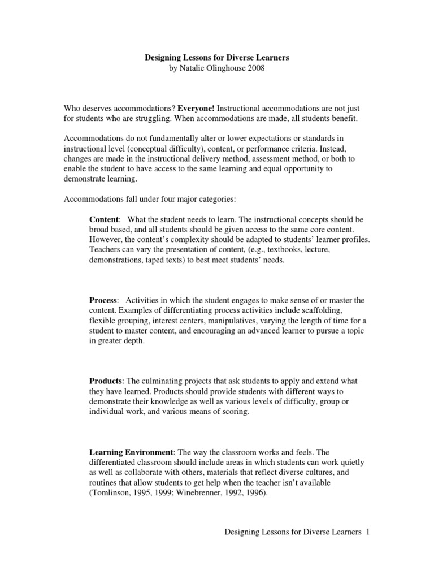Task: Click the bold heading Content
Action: click(104, 219)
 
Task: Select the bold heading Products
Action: click(106, 381)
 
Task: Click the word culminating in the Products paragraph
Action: click(168, 381)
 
